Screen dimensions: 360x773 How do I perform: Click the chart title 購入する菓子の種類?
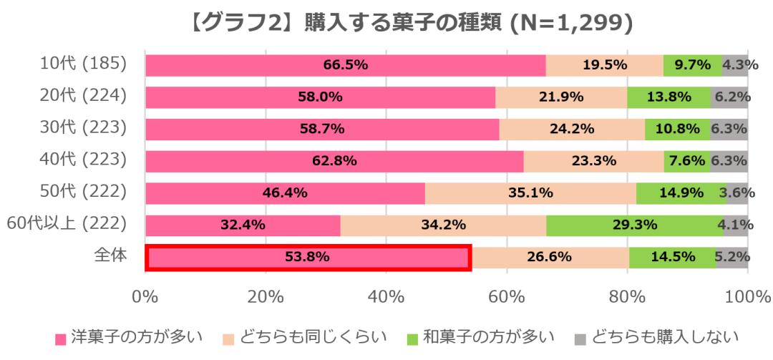point(387,24)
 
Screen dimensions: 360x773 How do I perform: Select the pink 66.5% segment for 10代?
point(345,65)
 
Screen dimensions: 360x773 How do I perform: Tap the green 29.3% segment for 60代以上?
point(636,225)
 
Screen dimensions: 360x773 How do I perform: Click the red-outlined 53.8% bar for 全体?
point(308,258)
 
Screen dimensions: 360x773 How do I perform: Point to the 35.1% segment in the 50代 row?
point(530,193)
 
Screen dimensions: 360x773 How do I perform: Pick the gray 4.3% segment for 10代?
point(735,65)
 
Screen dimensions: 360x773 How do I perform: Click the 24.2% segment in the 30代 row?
point(572,130)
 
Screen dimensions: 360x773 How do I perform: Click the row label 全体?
point(111,256)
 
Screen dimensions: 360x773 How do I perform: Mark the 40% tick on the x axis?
point(386,296)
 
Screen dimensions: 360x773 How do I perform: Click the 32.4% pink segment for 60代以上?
point(243,225)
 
